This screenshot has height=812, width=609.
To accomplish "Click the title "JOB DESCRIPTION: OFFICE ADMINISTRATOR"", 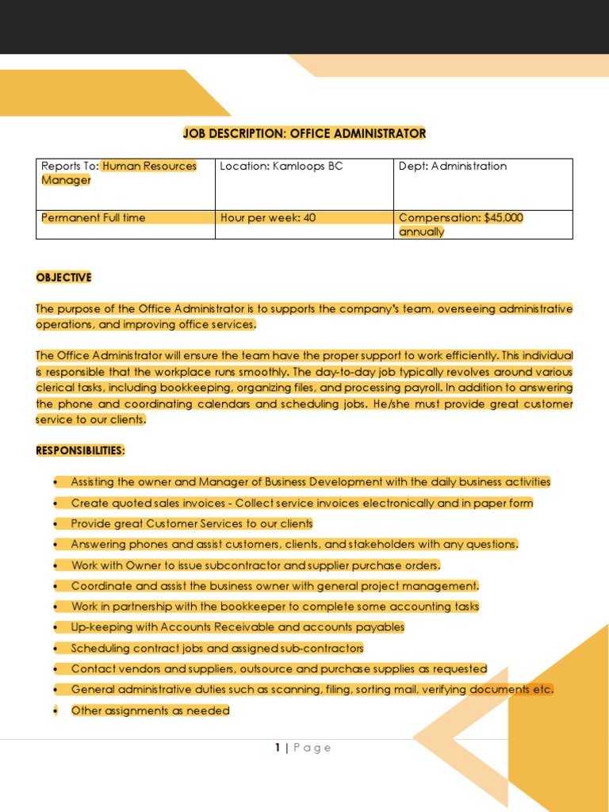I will pyautogui.click(x=304, y=133).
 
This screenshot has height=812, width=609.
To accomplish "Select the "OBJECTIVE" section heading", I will pyautogui.click(x=63, y=277).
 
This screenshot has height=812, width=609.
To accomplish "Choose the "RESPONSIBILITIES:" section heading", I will pyautogui.click(x=80, y=450).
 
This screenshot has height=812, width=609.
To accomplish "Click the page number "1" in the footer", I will pyautogui.click(x=278, y=748).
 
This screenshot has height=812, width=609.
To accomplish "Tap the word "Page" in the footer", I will pyautogui.click(x=312, y=748).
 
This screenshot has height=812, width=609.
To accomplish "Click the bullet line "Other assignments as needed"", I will pyautogui.click(x=150, y=710).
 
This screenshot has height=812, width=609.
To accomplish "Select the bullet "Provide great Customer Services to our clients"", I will pyautogui.click(x=191, y=523).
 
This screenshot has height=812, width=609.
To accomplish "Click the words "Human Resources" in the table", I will pyautogui.click(x=149, y=167).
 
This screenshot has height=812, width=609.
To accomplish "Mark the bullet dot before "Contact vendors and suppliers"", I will pyautogui.click(x=56, y=669).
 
